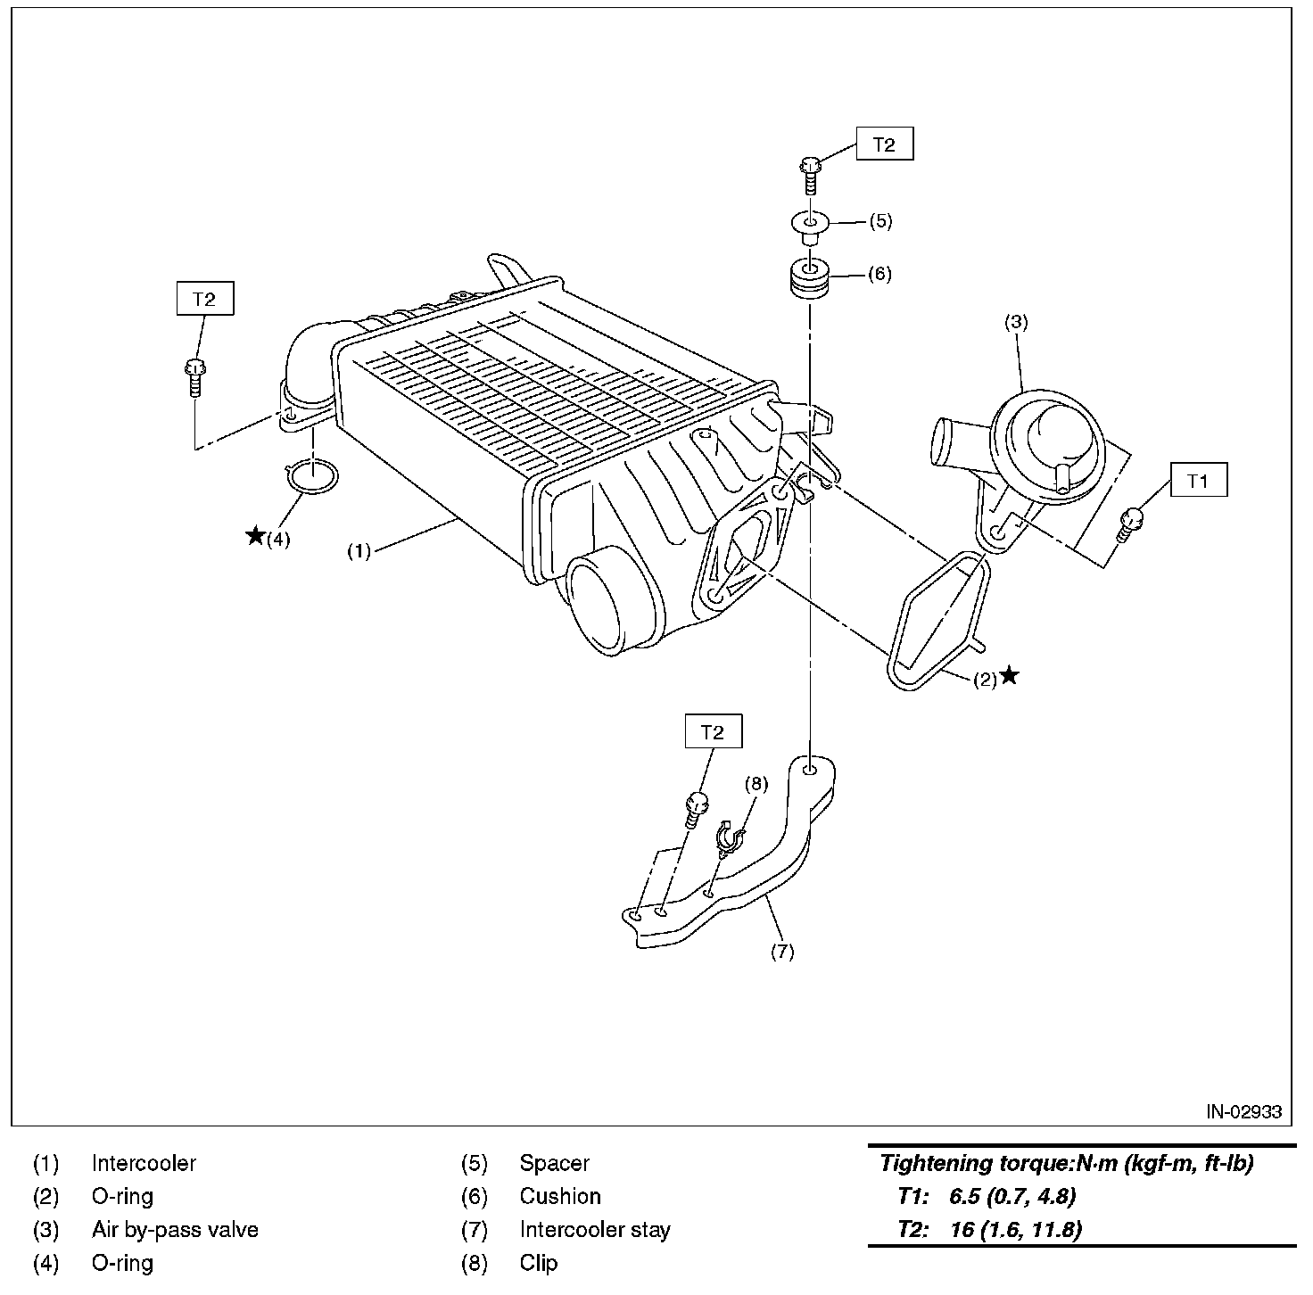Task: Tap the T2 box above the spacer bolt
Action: coord(884,144)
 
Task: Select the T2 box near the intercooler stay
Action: coord(712,732)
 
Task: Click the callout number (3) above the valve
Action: coord(1016,323)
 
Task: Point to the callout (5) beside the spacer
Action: coord(880,221)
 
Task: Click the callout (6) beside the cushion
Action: coord(879,273)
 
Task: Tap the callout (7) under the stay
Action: coord(781,952)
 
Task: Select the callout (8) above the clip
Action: coord(756,783)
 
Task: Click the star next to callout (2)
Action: coord(1009,675)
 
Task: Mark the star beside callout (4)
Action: coord(255,536)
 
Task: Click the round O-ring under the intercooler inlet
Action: coord(312,477)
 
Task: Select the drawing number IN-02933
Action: coord(1243,1111)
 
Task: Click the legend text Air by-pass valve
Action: coord(175,1230)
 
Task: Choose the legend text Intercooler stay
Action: coord(594,1230)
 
